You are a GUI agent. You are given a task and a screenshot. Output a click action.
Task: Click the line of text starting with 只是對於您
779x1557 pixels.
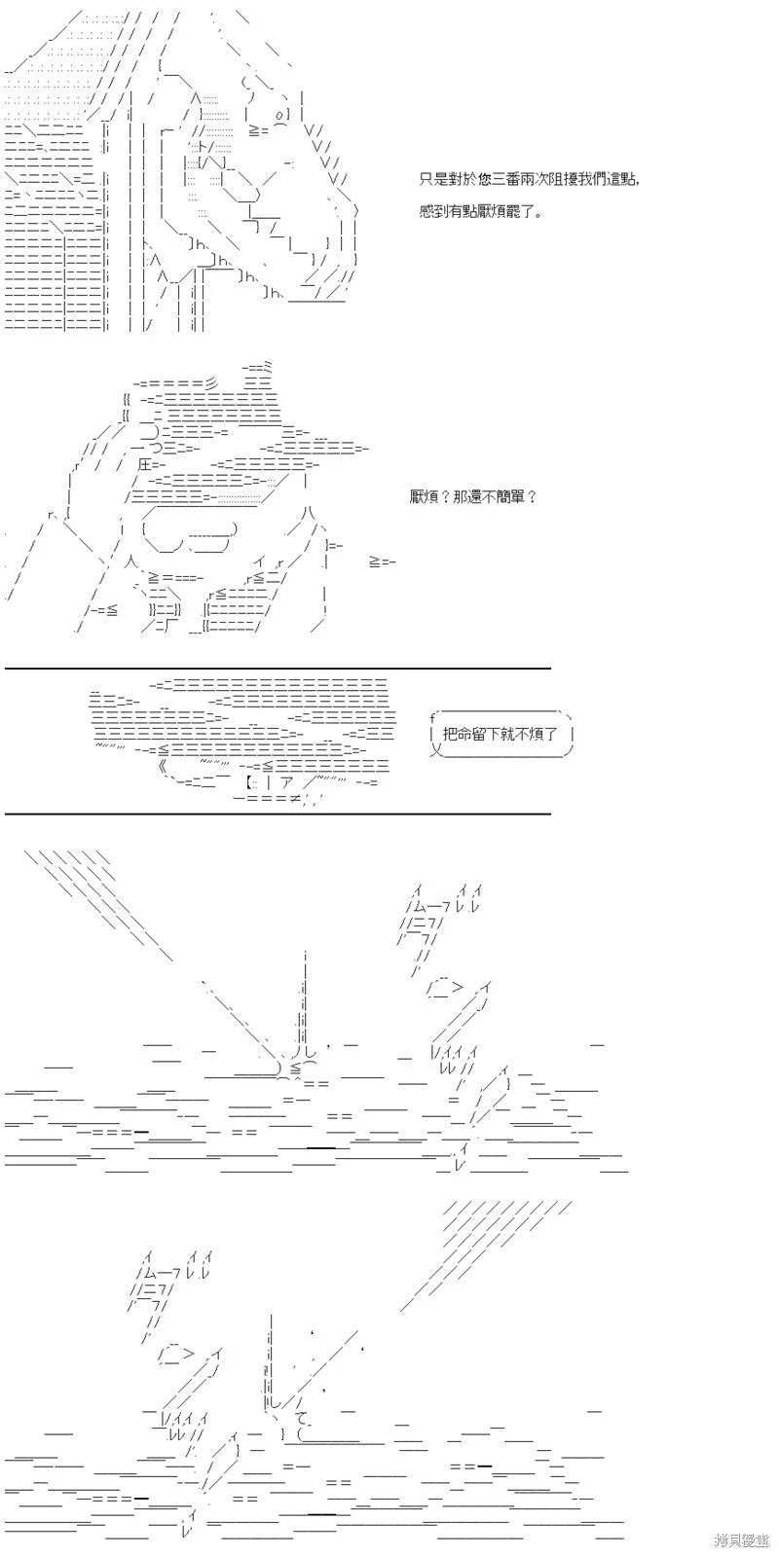(530, 179)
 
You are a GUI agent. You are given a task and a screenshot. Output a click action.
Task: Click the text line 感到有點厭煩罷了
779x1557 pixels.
(481, 210)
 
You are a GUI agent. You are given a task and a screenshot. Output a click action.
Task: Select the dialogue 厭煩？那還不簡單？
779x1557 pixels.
(473, 497)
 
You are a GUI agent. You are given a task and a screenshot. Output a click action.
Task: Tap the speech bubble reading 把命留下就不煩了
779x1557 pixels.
(501, 734)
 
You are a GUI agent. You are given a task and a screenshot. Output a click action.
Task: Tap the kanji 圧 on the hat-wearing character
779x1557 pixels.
(145, 464)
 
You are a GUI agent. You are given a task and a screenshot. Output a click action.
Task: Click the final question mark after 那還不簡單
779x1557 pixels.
(532, 497)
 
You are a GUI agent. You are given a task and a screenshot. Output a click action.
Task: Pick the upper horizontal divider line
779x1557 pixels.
(278, 669)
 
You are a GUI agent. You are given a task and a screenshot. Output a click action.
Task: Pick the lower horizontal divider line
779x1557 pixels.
(278, 814)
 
